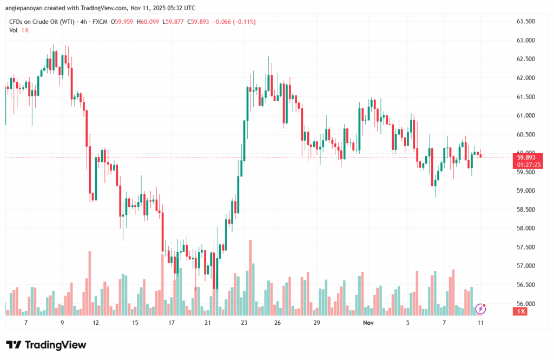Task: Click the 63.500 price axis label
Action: [x=526, y=22]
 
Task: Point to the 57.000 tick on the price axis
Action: [x=526, y=266]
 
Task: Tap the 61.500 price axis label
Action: [x=526, y=97]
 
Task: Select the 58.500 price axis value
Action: [x=526, y=210]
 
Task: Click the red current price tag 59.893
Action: [x=525, y=157]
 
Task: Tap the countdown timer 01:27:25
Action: [x=525, y=164]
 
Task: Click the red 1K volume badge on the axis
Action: [x=522, y=312]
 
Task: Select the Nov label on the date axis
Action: [x=368, y=323]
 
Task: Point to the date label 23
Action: [x=244, y=323]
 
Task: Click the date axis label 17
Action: [x=172, y=323]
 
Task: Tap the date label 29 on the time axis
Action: [x=317, y=323]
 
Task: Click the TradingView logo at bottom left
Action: [x=46, y=345]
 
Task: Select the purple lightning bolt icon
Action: [x=480, y=309]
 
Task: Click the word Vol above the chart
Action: [x=14, y=30]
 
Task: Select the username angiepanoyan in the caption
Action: [x=30, y=8]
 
